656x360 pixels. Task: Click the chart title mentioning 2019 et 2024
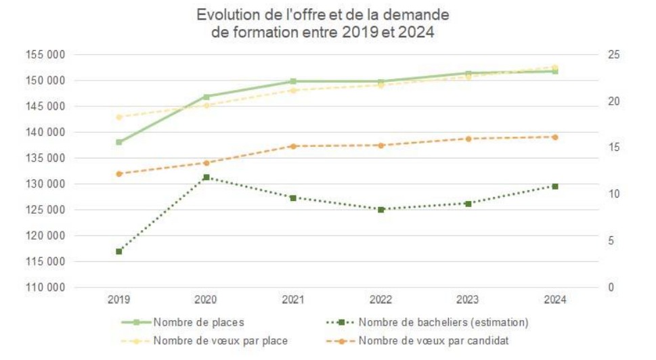click(323, 23)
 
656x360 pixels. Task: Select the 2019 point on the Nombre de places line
click(119, 142)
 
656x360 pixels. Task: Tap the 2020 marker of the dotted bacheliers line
click(206, 177)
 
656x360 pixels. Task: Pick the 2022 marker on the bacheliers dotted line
click(381, 210)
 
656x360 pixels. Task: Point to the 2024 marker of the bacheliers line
click(555, 186)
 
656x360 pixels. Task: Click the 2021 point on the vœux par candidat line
click(293, 146)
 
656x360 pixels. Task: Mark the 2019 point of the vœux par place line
click(119, 117)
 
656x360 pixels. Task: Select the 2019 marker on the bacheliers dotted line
click(119, 252)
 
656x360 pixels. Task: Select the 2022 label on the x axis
click(381, 299)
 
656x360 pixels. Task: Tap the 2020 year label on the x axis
click(206, 299)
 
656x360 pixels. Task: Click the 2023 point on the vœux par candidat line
click(468, 139)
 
